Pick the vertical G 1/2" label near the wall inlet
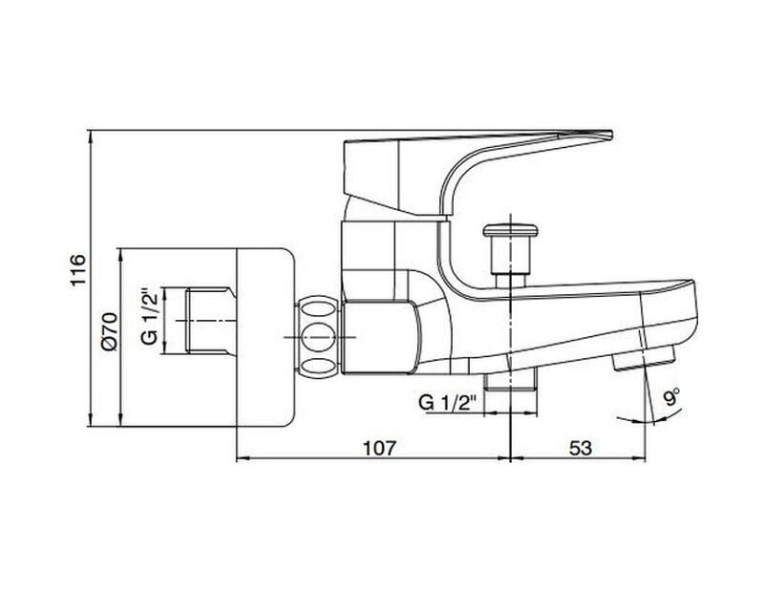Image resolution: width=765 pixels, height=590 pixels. click(x=148, y=321)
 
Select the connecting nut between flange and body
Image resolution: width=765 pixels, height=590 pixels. click(x=316, y=336)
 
